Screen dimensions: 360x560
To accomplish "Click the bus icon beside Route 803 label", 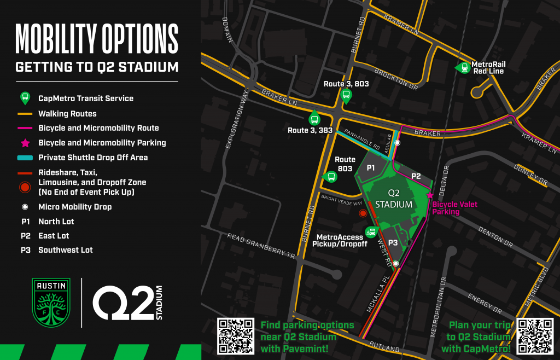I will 330,176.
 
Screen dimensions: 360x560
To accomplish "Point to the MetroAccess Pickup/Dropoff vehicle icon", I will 372,231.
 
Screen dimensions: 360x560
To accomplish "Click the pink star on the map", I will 430,195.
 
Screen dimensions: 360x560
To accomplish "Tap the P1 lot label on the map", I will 370,168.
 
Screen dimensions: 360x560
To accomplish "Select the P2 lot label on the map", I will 416,176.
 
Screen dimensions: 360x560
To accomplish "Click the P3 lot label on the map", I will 393,242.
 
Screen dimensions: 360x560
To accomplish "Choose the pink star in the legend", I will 25,143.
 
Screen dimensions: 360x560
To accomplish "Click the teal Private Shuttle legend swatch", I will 25,158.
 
